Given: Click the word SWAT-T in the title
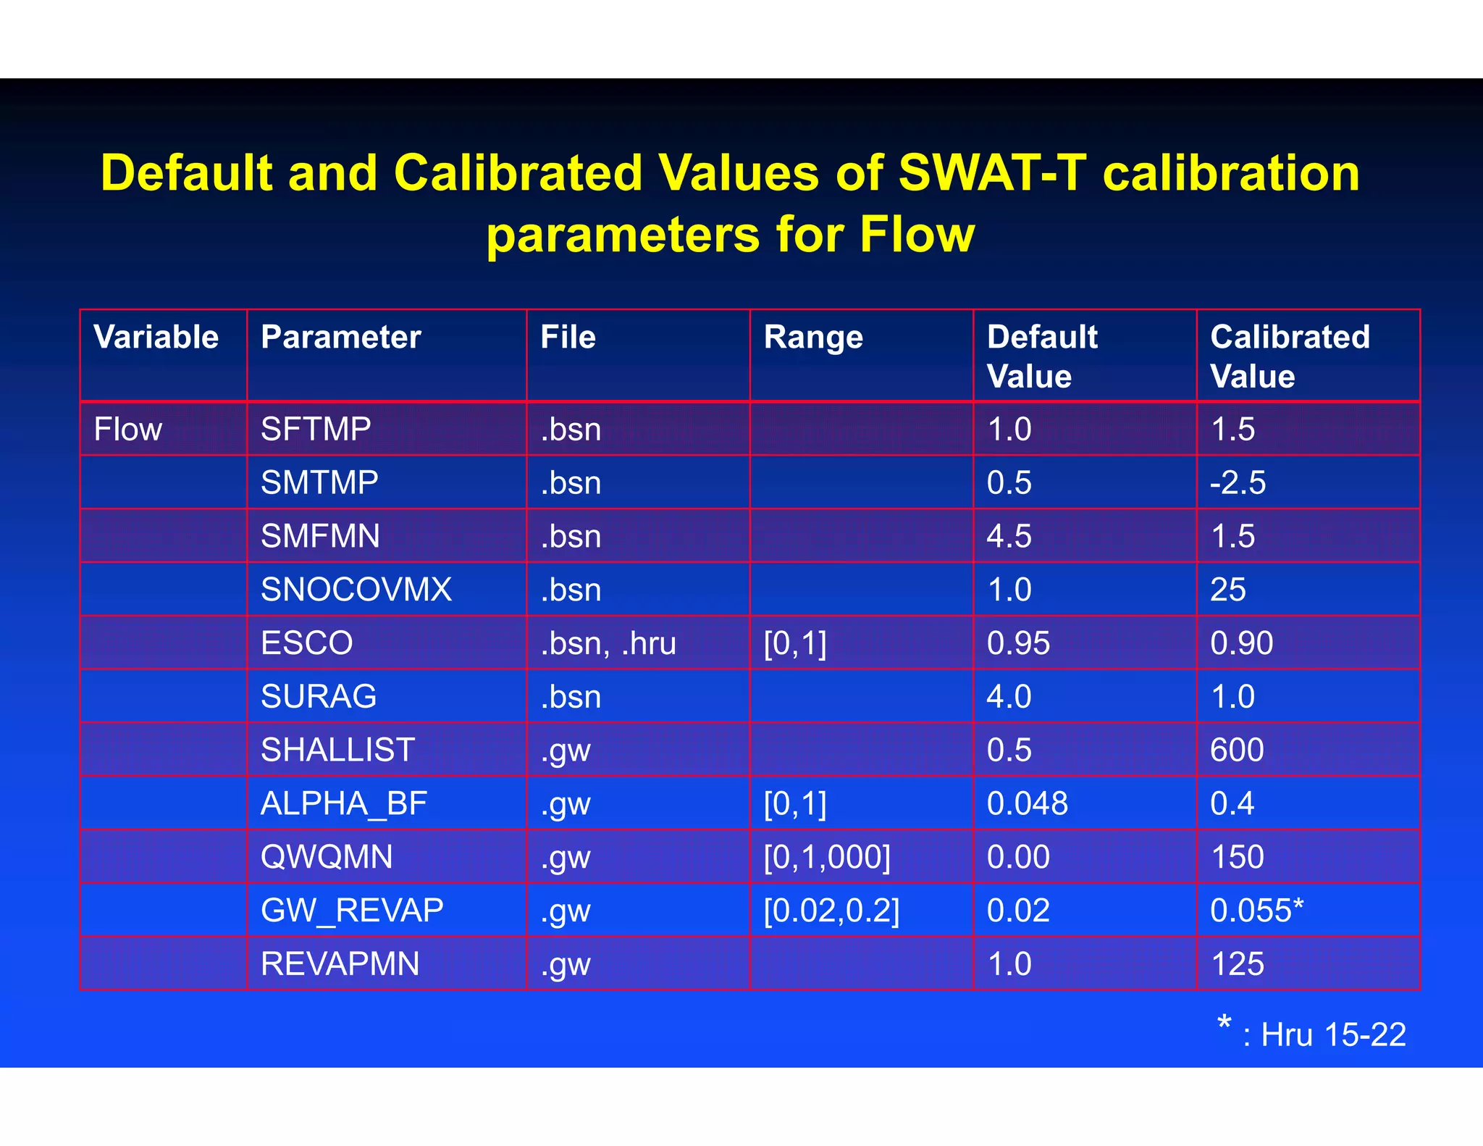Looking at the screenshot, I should pos(992,174).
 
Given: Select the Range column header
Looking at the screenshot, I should pos(813,338).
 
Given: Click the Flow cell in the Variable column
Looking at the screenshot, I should pos(128,430).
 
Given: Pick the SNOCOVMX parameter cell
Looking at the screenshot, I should pos(356,590).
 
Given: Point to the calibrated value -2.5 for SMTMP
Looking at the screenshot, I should pos(1238,483).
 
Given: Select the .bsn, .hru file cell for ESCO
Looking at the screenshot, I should pos(608,643).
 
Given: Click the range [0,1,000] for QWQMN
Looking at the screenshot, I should pos(827,857).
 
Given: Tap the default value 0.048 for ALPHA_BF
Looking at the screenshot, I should pos(1027,803).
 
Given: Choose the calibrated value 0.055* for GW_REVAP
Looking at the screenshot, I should pos(1256,911).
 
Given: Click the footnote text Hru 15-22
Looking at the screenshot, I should pos(1332,1034).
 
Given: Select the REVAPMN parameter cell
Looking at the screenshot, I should pos(340,964).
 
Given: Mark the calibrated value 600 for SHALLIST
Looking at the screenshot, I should pos(1237,750).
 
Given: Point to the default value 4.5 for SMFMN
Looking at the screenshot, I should pos(1009,537).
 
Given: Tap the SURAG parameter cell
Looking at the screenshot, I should pos(319,697).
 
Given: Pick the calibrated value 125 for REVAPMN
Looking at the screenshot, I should pos(1237,964).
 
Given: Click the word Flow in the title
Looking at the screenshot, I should pos(917,235).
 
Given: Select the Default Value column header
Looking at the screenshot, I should pos(1041,356).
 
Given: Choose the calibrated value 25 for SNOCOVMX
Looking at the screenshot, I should pos(1227,590).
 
